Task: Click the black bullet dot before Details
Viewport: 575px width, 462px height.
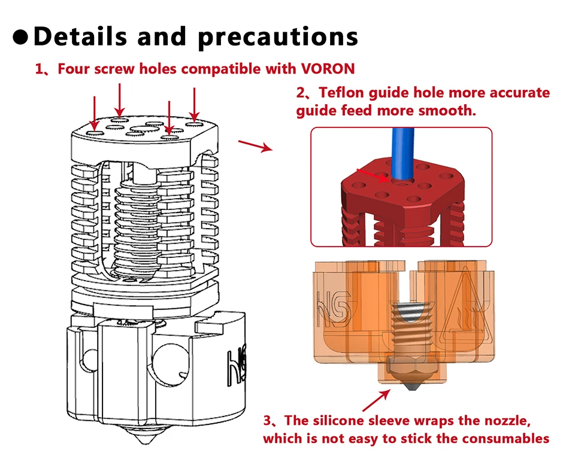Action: click(21, 37)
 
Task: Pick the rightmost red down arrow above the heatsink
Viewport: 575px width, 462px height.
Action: click(194, 105)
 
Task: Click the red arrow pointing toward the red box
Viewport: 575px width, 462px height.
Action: click(255, 145)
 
